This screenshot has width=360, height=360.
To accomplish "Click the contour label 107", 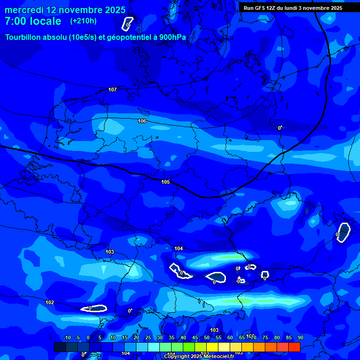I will point(112,90).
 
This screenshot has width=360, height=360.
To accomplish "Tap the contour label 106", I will point(142,121).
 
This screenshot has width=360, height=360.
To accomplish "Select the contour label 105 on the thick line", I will point(165,182).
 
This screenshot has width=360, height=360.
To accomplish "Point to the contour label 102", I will point(50,302).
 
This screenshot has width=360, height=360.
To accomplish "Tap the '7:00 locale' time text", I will point(33,21).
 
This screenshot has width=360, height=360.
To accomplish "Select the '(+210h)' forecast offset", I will point(83,21).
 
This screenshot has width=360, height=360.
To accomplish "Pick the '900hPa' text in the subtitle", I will point(172,37).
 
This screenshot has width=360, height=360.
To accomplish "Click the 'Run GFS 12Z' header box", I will point(293,8).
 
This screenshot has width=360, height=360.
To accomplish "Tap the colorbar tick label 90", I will point(300,337).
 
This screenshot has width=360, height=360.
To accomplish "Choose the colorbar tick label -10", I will point(67,337).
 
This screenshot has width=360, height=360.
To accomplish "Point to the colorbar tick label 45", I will point(195,337).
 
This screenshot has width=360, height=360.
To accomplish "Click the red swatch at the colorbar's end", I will point(294,347).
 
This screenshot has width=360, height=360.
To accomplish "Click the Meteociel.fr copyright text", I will point(199,357).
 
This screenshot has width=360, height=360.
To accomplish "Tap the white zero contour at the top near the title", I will point(127,23).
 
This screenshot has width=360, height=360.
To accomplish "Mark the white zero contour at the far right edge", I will point(344,232).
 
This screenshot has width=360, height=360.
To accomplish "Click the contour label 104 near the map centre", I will point(179,248).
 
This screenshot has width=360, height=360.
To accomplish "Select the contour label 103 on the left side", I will point(110,252).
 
